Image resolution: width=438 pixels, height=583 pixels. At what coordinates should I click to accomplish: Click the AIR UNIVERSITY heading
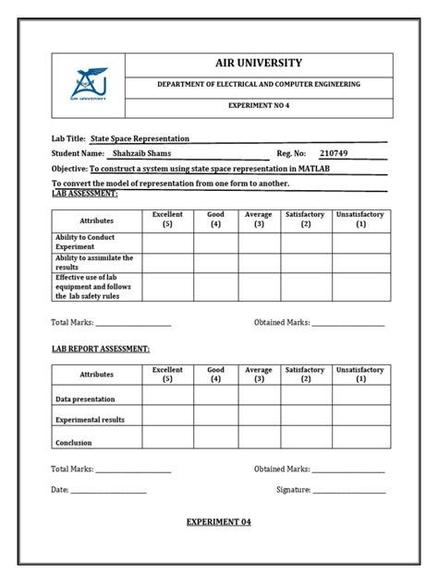coord(258,63)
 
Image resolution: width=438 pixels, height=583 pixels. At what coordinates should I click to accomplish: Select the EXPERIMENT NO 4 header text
coord(258,107)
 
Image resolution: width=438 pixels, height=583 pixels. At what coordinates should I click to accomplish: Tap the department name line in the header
coord(258,85)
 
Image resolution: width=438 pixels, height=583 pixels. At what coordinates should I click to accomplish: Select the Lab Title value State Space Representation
coord(135,137)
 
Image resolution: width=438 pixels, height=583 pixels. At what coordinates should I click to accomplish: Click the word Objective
coord(68,170)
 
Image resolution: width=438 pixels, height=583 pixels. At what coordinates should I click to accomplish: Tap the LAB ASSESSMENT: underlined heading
coord(85,195)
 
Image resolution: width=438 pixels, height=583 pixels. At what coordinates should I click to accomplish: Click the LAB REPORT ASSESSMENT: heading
coord(100,350)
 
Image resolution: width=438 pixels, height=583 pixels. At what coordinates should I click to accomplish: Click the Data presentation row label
coord(85,399)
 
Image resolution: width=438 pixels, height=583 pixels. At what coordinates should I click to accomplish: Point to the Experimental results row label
coord(91,420)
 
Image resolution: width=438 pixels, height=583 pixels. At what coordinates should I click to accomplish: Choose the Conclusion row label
coord(74,443)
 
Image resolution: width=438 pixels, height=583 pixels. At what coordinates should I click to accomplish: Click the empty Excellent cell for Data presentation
coord(167,396)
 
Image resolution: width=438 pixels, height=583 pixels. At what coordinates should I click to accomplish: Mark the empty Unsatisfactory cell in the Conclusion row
coord(360,437)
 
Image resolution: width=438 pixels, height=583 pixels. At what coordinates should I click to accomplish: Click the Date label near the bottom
coord(59,490)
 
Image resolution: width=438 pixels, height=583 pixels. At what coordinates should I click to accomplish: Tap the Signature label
coord(293,490)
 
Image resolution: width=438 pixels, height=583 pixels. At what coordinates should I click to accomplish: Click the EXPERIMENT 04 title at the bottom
coord(218,522)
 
